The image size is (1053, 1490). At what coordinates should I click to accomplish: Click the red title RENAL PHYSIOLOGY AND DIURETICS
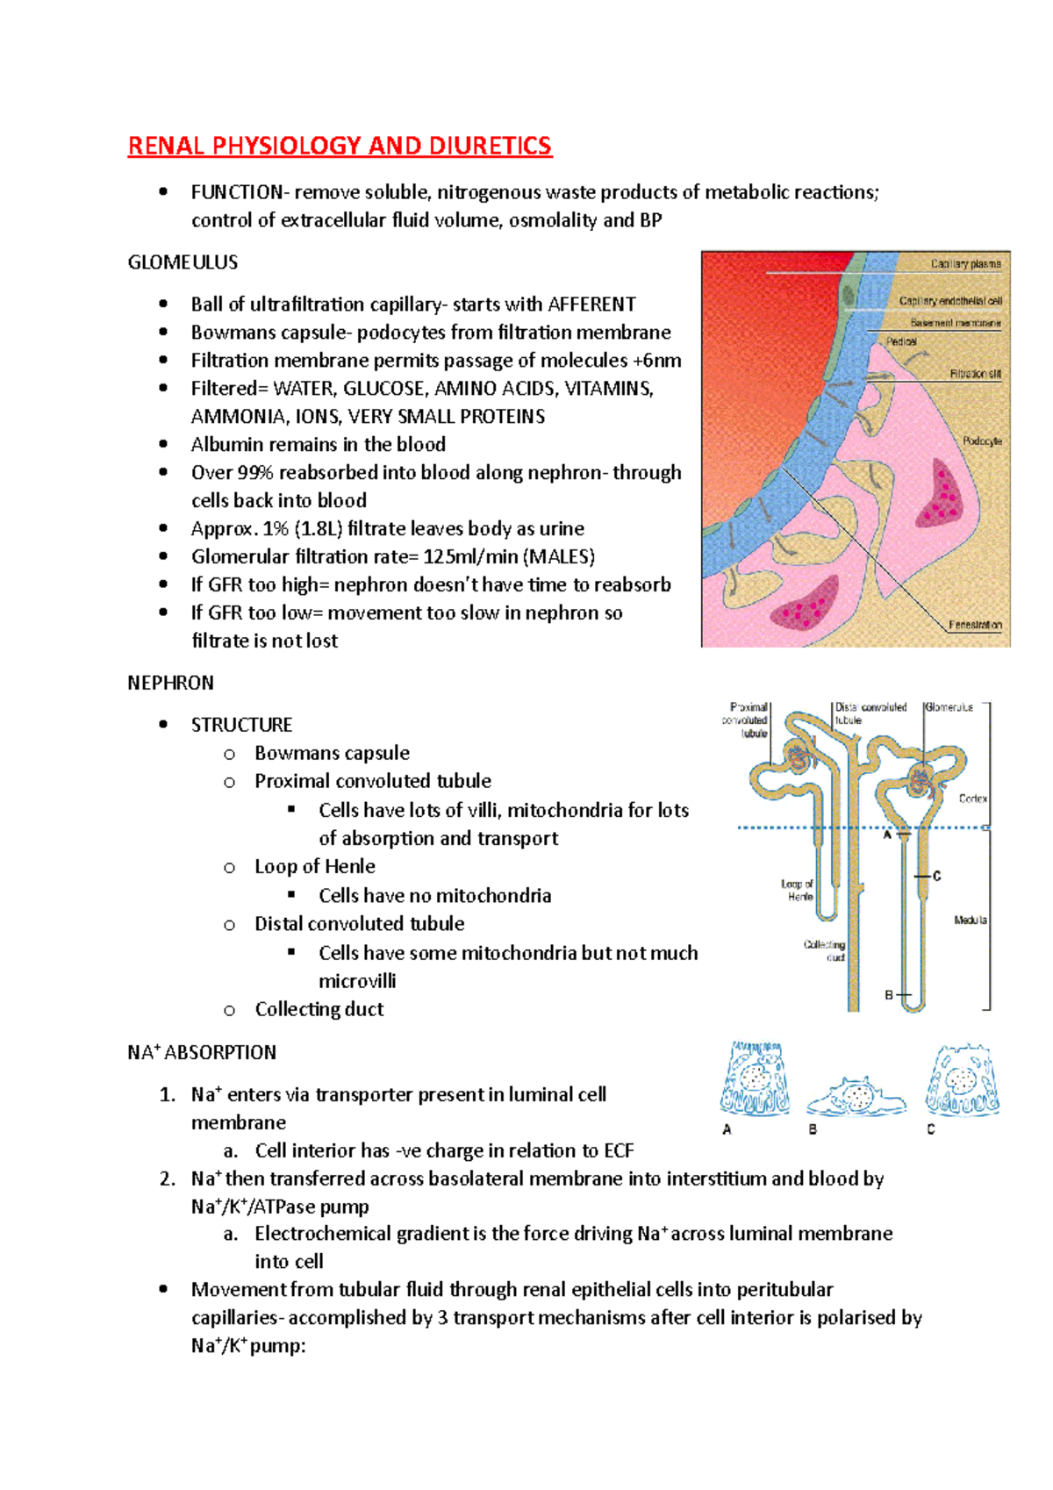coord(340,146)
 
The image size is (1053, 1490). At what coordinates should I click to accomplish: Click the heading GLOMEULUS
coord(183,262)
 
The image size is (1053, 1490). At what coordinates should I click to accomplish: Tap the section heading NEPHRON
coord(170,683)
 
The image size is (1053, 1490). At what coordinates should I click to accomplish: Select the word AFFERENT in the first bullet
coord(591,304)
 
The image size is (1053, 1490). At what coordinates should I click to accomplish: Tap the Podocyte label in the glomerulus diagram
coord(982,441)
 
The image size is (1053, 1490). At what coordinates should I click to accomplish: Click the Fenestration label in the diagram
coord(975,625)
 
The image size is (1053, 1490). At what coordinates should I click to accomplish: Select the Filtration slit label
coord(975,374)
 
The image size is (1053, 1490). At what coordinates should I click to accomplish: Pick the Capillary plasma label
coord(965,263)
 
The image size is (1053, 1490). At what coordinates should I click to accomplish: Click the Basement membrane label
coord(955,323)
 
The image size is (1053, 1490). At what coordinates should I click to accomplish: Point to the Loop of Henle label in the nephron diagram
coord(798,890)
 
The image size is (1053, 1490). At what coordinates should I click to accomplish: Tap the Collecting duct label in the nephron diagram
coord(825,950)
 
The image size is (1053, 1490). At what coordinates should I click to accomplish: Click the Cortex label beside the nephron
coord(972,799)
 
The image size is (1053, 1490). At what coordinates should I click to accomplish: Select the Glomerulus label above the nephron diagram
coord(949,707)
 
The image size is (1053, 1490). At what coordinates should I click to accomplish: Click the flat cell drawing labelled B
coord(855,1096)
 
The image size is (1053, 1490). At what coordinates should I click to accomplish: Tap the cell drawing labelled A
coord(755,1078)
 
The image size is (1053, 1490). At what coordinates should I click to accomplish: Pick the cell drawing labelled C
coord(962,1078)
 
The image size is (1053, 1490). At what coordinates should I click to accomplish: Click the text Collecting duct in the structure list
coord(319,1009)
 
